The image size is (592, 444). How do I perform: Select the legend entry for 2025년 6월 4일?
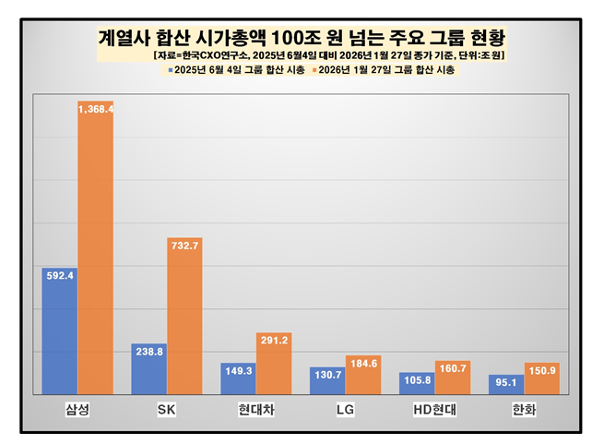click(229, 70)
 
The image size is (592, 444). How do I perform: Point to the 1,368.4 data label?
click(95, 109)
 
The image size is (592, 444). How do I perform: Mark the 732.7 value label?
click(184, 245)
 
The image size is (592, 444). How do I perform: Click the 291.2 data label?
click(274, 340)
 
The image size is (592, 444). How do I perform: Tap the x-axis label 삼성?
click(77, 408)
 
